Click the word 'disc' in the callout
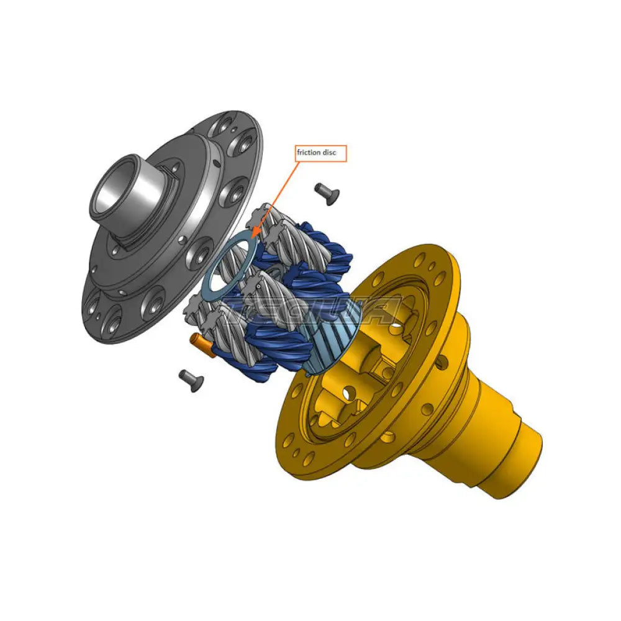[334, 153]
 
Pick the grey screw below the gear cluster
[191, 380]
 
